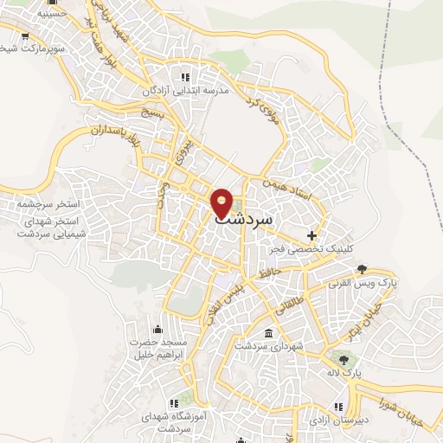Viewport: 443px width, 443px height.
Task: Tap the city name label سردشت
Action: [x=242, y=219]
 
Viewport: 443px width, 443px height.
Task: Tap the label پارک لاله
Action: [x=347, y=373]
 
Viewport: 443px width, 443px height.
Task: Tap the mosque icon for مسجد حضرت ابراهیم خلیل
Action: [x=157, y=329]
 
